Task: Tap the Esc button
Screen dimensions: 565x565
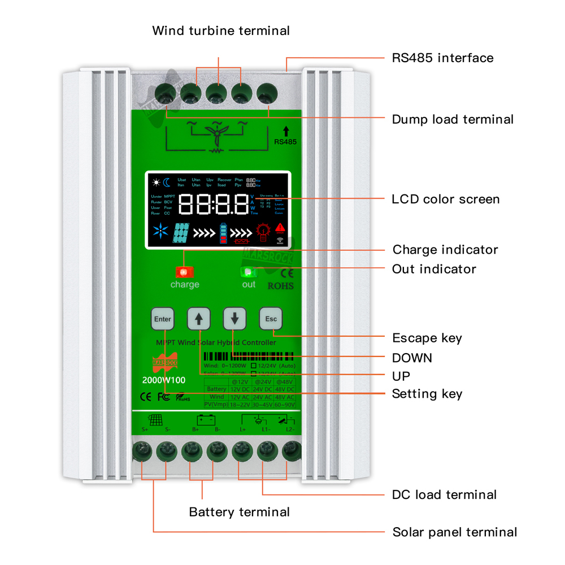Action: [271, 319]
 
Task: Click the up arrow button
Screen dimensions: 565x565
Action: [198, 319]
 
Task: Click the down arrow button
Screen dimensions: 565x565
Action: [234, 319]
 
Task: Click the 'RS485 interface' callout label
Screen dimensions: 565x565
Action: [442, 58]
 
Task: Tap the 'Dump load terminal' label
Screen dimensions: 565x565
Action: [453, 119]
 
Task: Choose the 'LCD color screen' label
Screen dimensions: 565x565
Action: [446, 199]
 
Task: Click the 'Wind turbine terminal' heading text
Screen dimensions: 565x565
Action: [221, 31]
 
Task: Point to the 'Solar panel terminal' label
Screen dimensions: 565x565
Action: [454, 532]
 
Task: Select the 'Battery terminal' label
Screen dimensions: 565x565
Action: [239, 512]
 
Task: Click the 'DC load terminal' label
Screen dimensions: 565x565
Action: [444, 495]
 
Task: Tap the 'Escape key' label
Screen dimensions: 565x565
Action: [427, 338]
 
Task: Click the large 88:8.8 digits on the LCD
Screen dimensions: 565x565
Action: [213, 204]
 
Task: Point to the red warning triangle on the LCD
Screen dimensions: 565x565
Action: [280, 228]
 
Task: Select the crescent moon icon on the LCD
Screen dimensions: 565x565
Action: [167, 182]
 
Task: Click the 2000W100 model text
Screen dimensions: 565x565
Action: [163, 380]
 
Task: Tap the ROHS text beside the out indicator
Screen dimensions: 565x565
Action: [281, 286]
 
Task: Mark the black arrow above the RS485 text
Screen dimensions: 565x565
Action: [285, 131]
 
